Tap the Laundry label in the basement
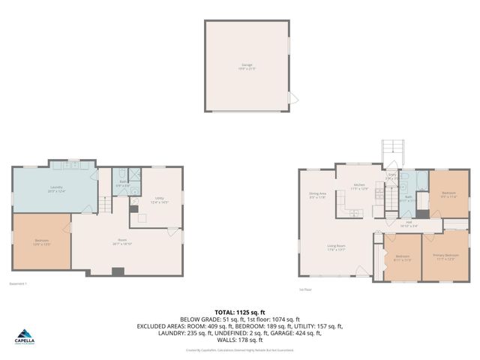coord(56,188)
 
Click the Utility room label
coord(160,199)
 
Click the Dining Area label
coord(317,195)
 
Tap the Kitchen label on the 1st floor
coord(358,186)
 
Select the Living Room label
coord(335,247)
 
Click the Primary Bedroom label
coord(445,256)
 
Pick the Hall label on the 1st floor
coord(409,223)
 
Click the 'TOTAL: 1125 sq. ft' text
coord(239,310)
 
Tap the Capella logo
coord(26,337)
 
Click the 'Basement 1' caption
coord(16,283)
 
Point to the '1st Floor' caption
coord(304,289)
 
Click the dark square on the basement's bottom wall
coord(116,271)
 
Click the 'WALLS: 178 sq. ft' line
coord(239,339)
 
